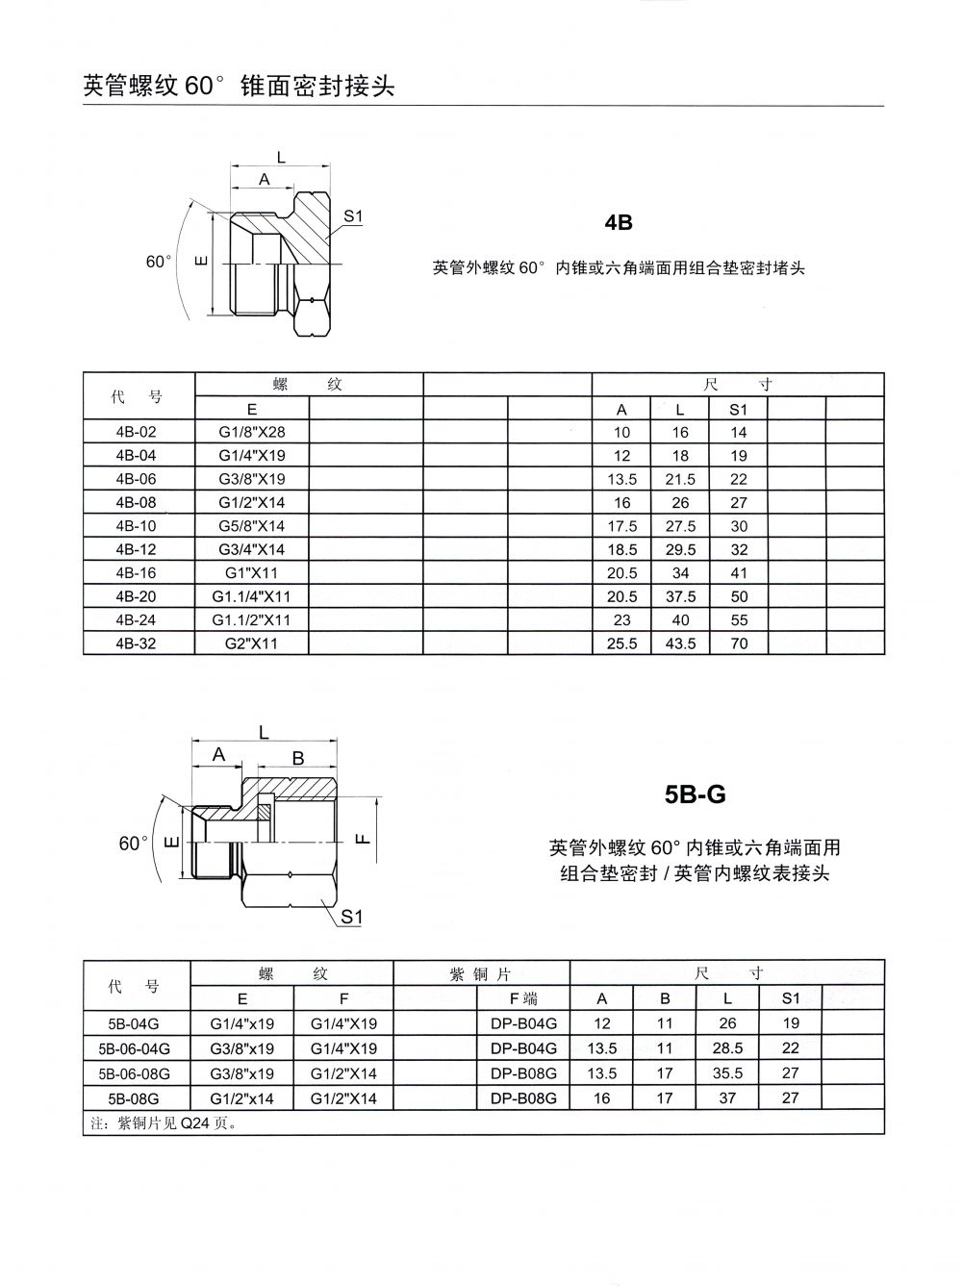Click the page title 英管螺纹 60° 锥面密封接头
[x=240, y=86]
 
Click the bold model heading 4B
[x=619, y=222]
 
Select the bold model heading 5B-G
[x=695, y=794]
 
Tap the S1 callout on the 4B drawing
[x=353, y=216]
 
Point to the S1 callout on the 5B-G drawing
[x=352, y=917]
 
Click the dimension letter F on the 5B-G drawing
[x=363, y=838]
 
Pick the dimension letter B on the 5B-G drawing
[x=298, y=758]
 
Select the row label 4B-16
[x=136, y=573]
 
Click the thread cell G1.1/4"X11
[x=251, y=596]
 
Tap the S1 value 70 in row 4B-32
[x=739, y=643]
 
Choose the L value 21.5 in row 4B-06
[x=680, y=479]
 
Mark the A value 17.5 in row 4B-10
[x=622, y=526]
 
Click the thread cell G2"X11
[x=251, y=643]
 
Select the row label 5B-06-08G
[x=134, y=1073]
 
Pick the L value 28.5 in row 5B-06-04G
[x=727, y=1048]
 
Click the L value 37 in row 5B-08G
[x=727, y=1098]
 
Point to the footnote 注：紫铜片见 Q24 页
[x=164, y=1122]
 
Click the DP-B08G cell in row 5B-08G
[x=523, y=1098]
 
